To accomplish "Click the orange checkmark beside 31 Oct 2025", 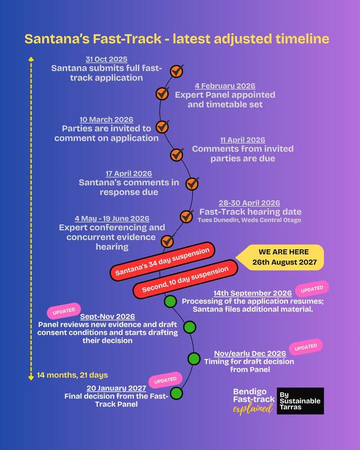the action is (177, 71).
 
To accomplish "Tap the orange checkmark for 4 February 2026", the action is (163, 93).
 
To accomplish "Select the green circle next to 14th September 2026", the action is (170, 301).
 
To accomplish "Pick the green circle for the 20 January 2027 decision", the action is (177, 393).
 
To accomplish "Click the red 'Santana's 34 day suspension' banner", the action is (163, 261).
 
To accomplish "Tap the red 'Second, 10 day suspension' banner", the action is (185, 279).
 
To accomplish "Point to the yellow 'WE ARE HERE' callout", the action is (280, 257).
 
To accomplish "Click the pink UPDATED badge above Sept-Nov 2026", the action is (64, 311).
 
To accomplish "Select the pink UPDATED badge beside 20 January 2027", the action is (165, 380).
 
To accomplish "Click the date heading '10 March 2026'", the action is (106, 119).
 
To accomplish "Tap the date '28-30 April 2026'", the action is (249, 202).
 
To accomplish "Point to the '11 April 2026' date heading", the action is (242, 139).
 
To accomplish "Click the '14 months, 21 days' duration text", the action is (73, 375).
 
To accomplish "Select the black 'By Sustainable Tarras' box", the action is (300, 401).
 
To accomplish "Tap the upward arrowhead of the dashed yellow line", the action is (31, 59).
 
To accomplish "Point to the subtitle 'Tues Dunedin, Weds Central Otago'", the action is (249, 220).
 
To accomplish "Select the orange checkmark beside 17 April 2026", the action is (192, 184).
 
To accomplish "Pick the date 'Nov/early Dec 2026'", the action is (250, 353).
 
